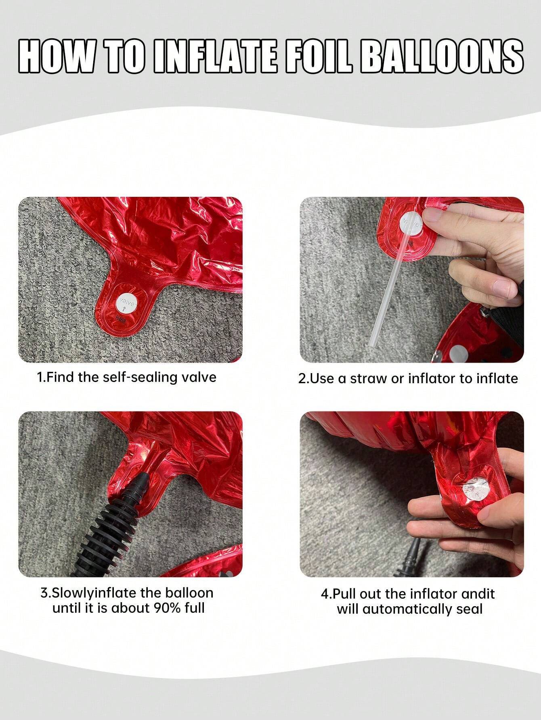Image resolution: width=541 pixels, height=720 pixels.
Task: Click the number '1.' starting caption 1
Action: coord(41,378)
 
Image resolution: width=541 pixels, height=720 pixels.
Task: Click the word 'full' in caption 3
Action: coord(195,608)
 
